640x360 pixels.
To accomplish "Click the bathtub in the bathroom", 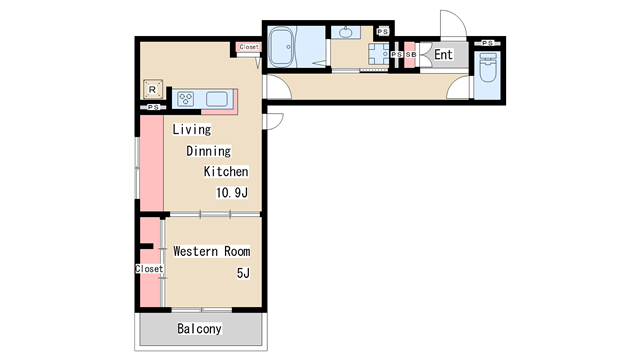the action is pos(281,47).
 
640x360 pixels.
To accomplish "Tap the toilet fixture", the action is pos(487,68).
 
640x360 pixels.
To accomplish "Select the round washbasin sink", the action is pos(346,32).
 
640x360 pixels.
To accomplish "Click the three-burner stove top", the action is pos(185,99).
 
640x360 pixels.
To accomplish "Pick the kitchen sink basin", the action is pos(217,99).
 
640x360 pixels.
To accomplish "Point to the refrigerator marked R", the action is pos(153,89).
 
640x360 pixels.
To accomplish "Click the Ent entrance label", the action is pos(443,55).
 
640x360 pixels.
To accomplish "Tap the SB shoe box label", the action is pos(411,55).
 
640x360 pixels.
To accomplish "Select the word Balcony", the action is pos(199,329).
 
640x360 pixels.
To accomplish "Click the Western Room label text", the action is pos(212,251).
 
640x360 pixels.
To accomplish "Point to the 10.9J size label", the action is pos(232,193).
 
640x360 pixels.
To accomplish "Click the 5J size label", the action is pos(243,273).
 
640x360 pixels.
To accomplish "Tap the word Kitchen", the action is pos(226,171).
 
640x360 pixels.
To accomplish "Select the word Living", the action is pos(192,129).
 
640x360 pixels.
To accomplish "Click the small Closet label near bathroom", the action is pos(249,47).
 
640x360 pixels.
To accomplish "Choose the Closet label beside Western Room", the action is pos(149,269).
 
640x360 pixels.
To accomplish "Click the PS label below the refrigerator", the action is pos(153,107).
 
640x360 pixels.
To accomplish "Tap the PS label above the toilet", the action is pos(487,43).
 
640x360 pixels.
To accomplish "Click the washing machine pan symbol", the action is pos(379,54).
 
